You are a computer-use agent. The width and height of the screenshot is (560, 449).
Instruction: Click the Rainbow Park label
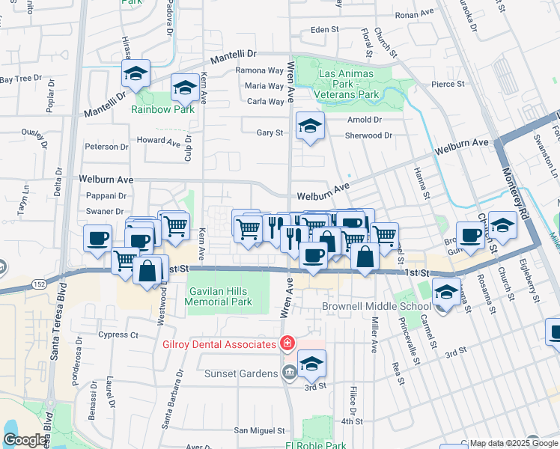point(162,109)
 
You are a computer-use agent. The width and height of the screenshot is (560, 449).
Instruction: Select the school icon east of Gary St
point(309,126)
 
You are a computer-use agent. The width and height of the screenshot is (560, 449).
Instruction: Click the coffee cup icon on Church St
point(470,235)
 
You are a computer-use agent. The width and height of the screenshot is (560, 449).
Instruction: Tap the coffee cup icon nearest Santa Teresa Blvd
point(97,239)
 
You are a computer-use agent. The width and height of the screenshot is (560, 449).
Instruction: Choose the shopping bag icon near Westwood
point(147,270)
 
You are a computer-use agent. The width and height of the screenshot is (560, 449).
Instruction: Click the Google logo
point(24,440)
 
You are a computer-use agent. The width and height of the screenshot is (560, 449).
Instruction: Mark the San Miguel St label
point(260,430)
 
